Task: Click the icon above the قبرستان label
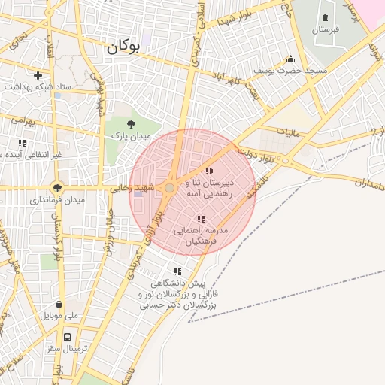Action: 325,17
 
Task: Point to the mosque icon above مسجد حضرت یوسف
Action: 290,59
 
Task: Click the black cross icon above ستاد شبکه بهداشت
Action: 38,75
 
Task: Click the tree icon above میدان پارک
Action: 132,124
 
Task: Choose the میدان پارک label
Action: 132,136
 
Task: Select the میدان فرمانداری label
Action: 58,201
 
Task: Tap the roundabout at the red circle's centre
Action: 171,188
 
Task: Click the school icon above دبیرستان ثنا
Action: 208,171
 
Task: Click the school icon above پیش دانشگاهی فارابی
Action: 177,271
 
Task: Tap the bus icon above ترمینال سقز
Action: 68,337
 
